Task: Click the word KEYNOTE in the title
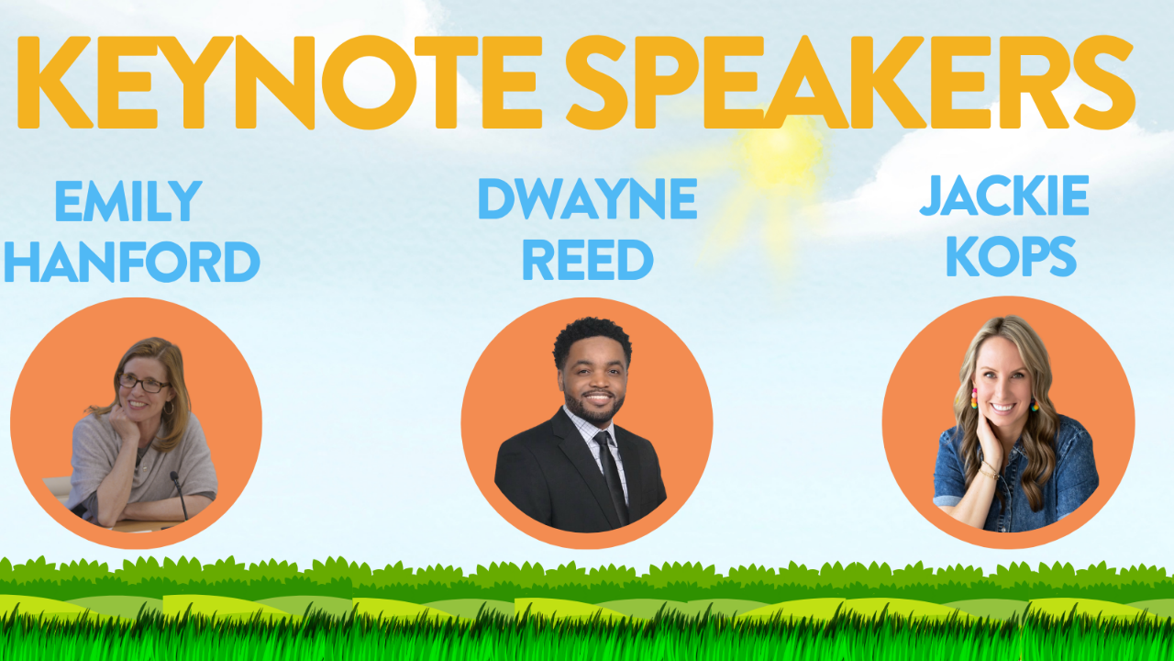coord(280,82)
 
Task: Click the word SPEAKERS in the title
coord(850,82)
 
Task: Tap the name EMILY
coord(128,201)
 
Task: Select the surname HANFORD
coord(132,262)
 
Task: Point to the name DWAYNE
coord(588,198)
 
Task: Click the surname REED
coord(588,260)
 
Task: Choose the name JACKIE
coord(1004,196)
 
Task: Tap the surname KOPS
coord(1011,256)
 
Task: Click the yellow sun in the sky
coord(781,150)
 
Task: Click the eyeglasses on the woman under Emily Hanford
coord(143,384)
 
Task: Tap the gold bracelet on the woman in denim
coord(989,470)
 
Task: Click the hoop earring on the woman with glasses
coord(169,408)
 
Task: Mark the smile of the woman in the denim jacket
coord(1003,407)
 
